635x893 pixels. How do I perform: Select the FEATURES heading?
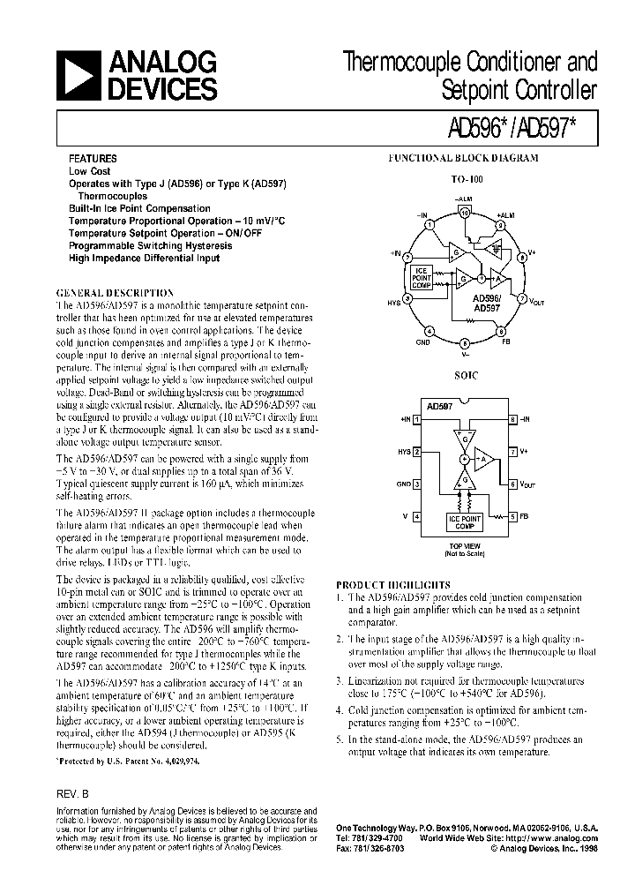click(x=93, y=159)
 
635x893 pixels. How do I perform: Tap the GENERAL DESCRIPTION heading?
click(x=115, y=292)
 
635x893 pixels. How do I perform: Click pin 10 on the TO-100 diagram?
click(x=466, y=214)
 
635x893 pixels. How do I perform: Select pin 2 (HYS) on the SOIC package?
click(x=416, y=451)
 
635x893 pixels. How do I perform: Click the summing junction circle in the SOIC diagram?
click(x=464, y=460)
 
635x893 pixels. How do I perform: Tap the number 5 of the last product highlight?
click(x=340, y=739)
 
